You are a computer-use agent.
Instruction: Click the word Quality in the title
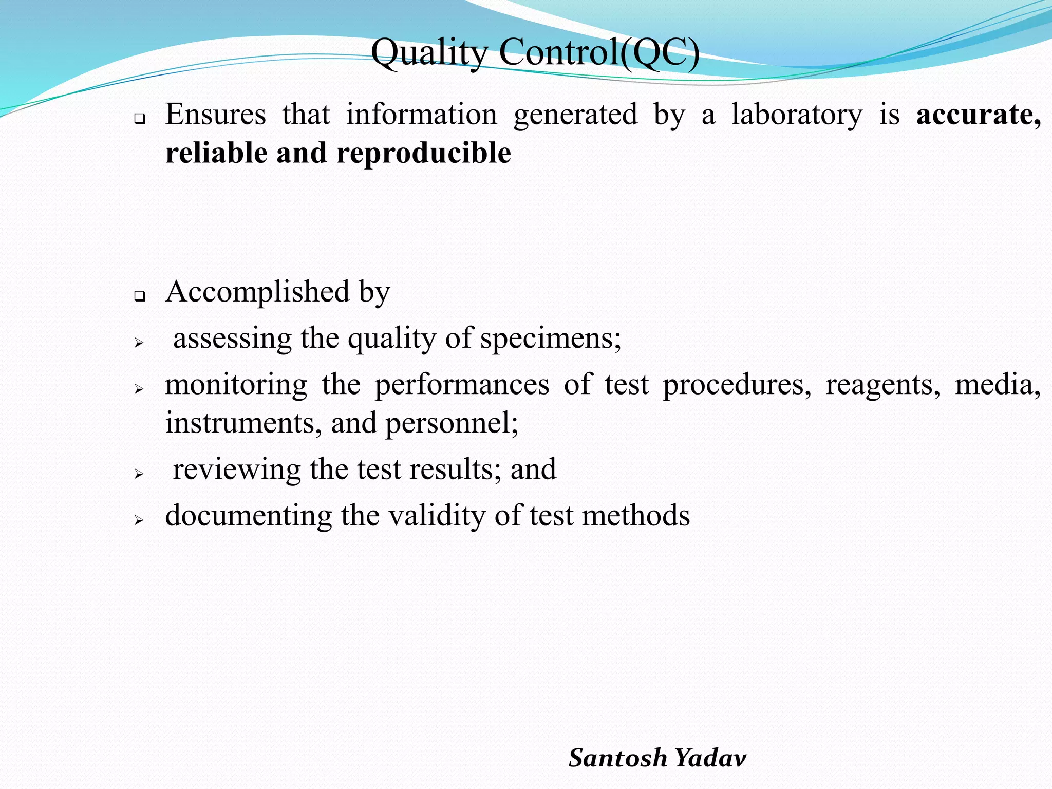(429, 53)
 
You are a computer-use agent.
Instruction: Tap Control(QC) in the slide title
(599, 53)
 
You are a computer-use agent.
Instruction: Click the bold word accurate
(979, 115)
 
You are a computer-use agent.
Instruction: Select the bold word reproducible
(424, 153)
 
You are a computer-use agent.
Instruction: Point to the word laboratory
(797, 115)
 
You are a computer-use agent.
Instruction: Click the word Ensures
(216, 115)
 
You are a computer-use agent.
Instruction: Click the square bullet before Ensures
(139, 119)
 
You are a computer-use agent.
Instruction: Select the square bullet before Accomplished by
(139, 296)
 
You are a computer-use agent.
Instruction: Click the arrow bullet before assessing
(138, 343)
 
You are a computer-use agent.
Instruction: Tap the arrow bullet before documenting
(138, 520)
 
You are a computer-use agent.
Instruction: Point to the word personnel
(452, 424)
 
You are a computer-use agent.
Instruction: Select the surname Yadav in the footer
(710, 758)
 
